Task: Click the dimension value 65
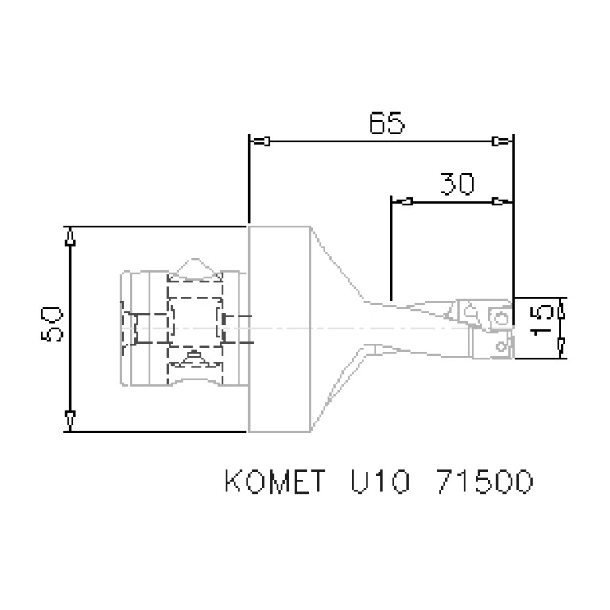click(x=387, y=123)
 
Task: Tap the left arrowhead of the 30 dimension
click(x=403, y=200)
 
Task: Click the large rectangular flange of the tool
click(x=278, y=328)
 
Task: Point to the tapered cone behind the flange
click(x=338, y=328)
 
